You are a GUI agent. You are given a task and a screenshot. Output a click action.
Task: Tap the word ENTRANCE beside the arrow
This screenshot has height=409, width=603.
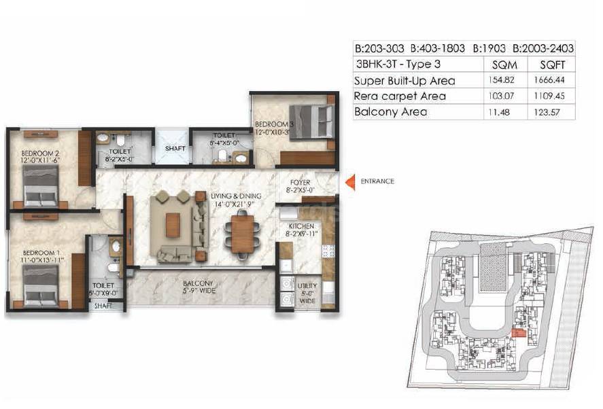(377, 181)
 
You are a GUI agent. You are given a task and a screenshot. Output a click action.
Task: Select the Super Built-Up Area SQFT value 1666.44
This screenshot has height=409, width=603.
(551, 80)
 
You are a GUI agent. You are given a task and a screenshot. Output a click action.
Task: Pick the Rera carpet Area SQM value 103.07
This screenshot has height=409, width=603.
(504, 96)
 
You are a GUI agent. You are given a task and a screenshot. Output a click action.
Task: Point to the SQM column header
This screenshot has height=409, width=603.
(504, 65)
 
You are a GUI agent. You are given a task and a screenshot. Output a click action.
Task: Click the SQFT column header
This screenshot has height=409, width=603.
(551, 65)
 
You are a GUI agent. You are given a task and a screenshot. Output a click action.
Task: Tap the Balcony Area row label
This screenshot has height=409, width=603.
(391, 111)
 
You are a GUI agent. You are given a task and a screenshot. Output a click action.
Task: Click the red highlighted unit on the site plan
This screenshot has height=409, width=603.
(518, 332)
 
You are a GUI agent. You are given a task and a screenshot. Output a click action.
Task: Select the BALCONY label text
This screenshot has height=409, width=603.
(199, 283)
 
